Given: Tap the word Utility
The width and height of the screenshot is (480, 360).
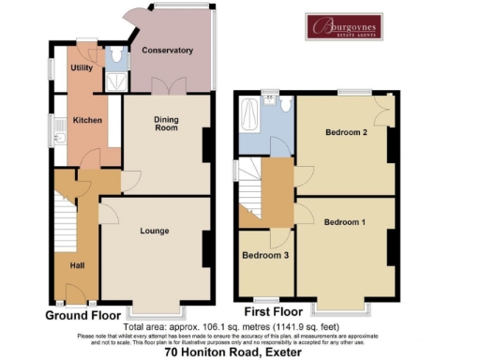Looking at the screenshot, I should (81, 68).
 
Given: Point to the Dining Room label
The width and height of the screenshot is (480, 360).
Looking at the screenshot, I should (165, 123).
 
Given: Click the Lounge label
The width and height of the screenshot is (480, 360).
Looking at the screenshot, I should (154, 230).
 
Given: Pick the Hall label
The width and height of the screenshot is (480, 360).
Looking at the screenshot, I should (77, 264).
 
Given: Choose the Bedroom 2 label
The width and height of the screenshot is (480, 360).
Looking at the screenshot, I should (345, 132).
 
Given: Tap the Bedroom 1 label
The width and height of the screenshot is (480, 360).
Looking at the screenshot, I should (345, 222).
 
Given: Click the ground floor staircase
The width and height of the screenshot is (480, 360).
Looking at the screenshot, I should (63, 221).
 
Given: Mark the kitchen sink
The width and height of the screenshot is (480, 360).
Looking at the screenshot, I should (58, 139).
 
